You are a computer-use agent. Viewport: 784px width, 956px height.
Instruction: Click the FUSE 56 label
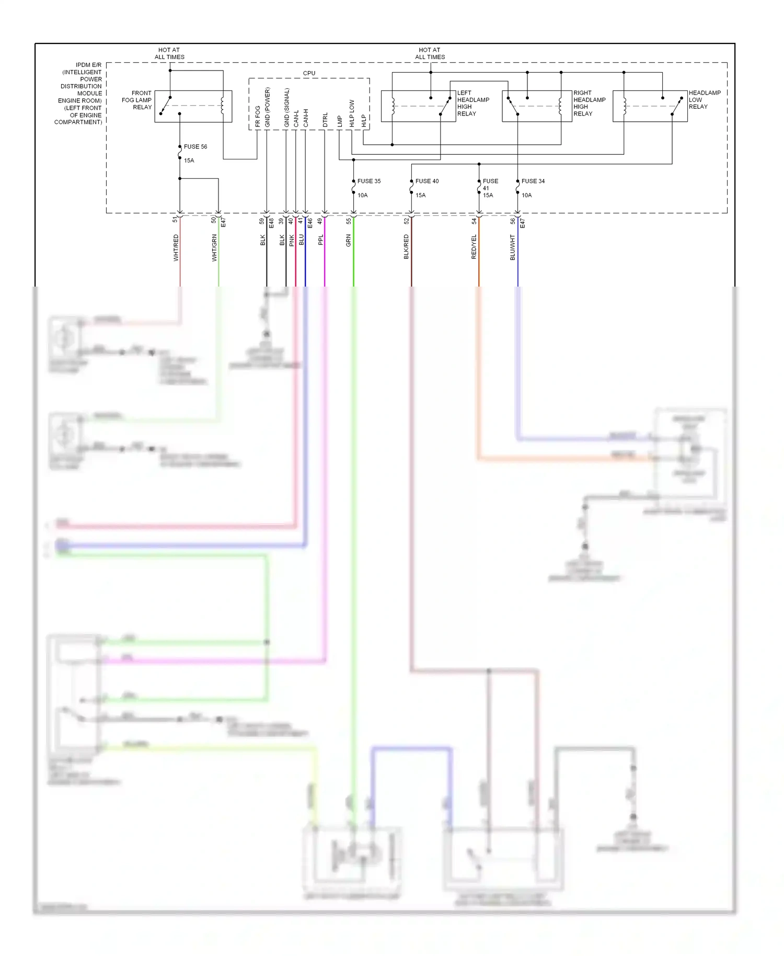coord(195,147)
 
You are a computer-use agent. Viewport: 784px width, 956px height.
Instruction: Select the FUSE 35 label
coord(368,181)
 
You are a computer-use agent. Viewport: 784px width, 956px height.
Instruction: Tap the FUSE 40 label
coord(426,181)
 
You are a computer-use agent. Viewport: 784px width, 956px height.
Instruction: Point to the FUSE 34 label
coord(533,181)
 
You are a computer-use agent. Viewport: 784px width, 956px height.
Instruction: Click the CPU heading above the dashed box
coord(309,73)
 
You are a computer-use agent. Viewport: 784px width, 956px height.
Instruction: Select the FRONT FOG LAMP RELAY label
coord(137,100)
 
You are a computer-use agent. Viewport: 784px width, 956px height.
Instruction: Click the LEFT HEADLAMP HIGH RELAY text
coord(472,103)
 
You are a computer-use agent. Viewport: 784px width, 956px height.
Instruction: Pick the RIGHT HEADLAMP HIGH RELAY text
coord(589,103)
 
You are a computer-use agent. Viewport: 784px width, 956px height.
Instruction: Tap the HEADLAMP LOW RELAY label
coord(704,100)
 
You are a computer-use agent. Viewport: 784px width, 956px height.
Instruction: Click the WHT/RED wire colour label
coord(176,248)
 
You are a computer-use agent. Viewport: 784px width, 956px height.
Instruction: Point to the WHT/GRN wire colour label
coord(214,248)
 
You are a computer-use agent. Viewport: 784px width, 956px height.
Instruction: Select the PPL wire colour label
coord(321,240)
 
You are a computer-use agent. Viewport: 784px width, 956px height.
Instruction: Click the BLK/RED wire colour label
coord(406,247)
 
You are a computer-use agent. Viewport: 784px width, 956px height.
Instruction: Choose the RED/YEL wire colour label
coord(474,247)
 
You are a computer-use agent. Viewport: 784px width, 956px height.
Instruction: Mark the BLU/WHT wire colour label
coord(513,247)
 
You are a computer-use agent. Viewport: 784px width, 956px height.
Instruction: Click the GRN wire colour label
coord(349,241)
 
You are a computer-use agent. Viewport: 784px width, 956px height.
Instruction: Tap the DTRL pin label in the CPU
coord(325,120)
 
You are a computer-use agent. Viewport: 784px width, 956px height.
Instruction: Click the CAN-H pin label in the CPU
coord(306,118)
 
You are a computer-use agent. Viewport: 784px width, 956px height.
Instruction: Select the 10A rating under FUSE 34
coord(526,196)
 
